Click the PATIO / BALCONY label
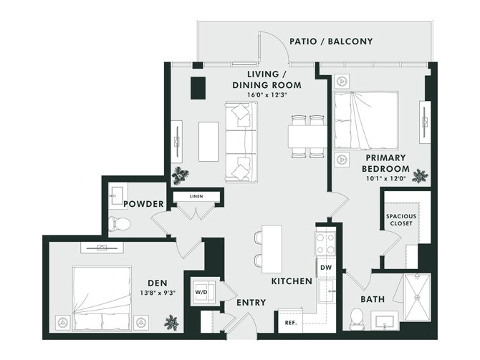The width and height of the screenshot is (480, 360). tap(331, 41)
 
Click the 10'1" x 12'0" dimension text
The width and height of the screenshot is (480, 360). tap(385, 180)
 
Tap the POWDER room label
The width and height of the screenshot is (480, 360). tap(144, 205)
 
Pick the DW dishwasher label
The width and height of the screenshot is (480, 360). tap(325, 268)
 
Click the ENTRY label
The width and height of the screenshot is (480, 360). tap(251, 303)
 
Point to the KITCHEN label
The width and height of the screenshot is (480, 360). tap(292, 281)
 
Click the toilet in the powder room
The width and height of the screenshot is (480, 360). tap(118, 223)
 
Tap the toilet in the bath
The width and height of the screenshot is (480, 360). tap(356, 318)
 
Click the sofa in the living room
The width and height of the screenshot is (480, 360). tap(240, 142)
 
